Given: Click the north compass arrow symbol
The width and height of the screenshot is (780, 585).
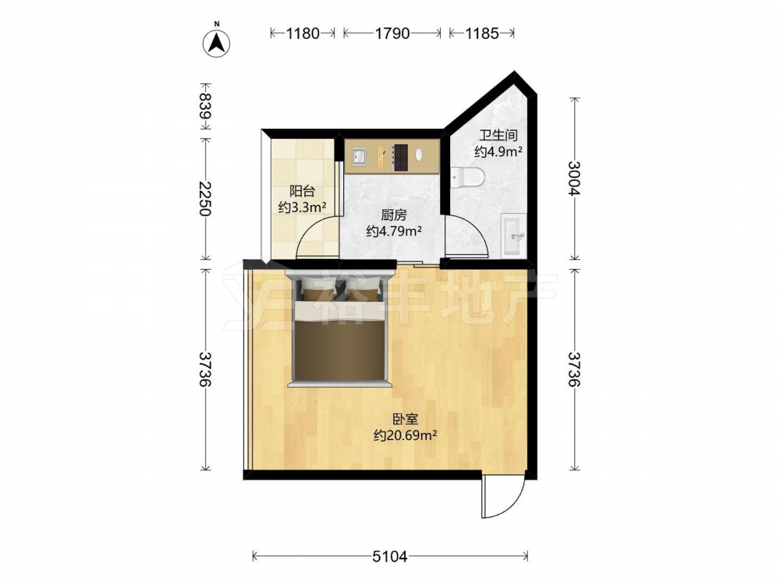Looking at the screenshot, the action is (216, 43).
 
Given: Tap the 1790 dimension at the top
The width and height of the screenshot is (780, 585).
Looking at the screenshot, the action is (392, 34).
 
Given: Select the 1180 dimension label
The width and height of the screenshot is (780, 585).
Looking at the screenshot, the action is (303, 34).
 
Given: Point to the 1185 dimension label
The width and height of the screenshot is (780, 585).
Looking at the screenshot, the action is (481, 34).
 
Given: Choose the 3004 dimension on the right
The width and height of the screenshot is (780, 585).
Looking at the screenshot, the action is (575, 178).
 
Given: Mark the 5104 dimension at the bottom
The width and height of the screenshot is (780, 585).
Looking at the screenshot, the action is (390, 557).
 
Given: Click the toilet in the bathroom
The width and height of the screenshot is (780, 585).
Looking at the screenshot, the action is (467, 177).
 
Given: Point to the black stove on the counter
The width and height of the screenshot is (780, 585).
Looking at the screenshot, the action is (400, 158).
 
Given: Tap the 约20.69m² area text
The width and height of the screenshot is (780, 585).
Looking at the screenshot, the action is (406, 436).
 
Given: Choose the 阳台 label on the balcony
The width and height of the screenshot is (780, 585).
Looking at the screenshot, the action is (303, 191).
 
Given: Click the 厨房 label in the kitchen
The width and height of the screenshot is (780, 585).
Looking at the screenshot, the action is (394, 215).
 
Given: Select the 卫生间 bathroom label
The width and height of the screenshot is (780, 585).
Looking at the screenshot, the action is (498, 135).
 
